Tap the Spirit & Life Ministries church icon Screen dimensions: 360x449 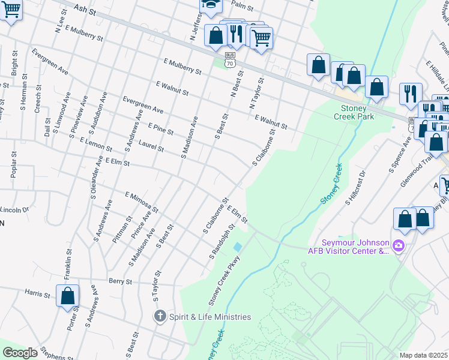[x=160, y=316]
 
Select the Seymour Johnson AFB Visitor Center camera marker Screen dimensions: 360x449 [x=397, y=245]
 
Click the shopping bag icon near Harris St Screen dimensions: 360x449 [x=68, y=295]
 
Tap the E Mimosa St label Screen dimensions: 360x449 [x=141, y=203]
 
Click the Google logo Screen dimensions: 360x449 [x=20, y=352]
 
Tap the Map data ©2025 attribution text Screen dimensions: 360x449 [x=423, y=355]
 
